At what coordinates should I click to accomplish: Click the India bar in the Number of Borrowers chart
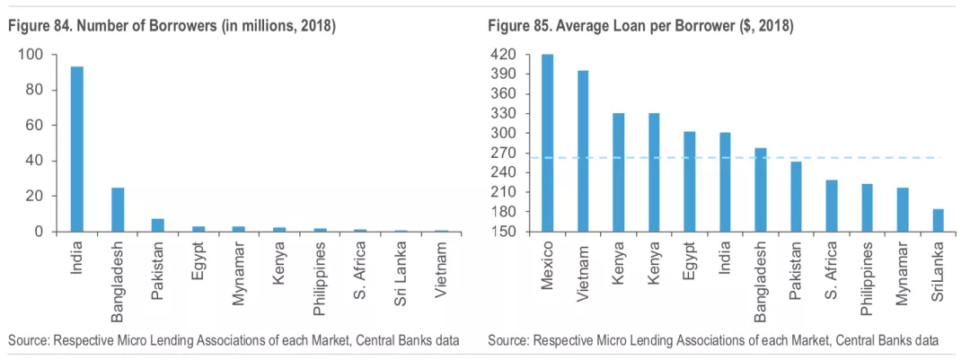pos(77,149)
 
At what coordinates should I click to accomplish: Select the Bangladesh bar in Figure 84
pos(118,209)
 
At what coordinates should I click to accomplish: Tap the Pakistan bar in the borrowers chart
pos(157,224)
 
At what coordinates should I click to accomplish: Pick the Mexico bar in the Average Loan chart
pos(547,143)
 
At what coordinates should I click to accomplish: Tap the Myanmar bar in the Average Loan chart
pos(902,209)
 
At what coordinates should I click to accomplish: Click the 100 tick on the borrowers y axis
pos(31,55)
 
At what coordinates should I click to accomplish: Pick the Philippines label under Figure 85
pos(867,277)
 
